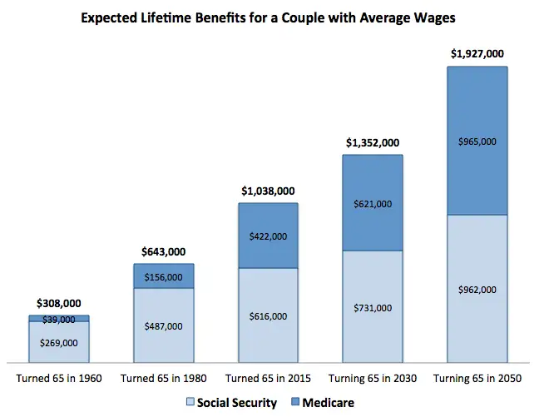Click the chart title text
(x=269, y=18)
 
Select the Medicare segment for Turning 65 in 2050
(x=477, y=108)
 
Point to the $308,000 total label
(x=59, y=304)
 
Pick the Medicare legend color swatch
(x=297, y=404)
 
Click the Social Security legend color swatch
(x=190, y=404)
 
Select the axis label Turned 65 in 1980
(x=164, y=379)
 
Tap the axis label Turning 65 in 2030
(x=372, y=379)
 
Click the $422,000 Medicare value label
(x=268, y=236)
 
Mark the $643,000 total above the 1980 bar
(x=164, y=251)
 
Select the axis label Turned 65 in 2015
(x=268, y=379)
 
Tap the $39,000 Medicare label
(x=59, y=319)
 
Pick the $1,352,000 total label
(x=372, y=142)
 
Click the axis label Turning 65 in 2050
(x=477, y=379)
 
